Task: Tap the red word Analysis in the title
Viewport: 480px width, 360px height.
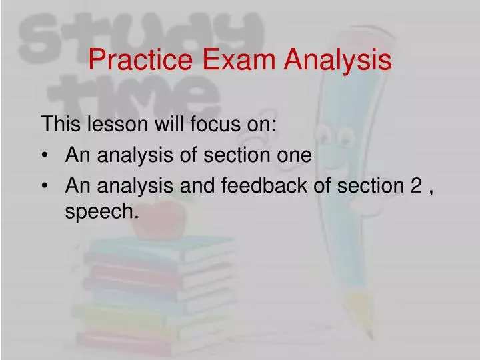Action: (338, 61)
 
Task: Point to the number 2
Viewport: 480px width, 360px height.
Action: (416, 187)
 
